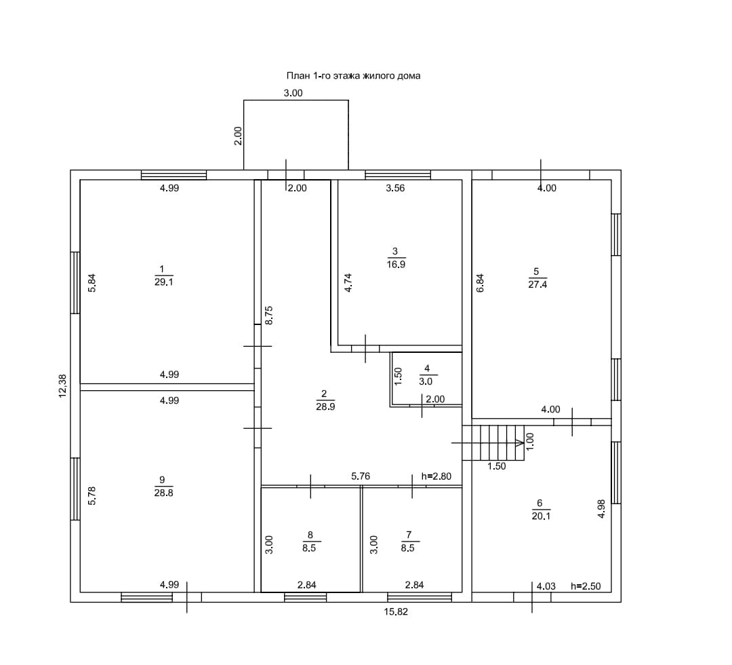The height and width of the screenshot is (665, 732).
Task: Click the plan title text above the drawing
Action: tap(354, 76)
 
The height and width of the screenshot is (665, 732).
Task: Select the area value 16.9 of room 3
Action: tap(395, 265)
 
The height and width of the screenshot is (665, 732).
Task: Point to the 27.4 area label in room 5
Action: tap(537, 285)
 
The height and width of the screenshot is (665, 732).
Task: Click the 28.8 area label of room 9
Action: tap(163, 493)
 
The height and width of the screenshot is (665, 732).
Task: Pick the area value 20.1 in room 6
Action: tap(540, 515)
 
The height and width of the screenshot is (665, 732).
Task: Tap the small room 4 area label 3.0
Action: tap(427, 381)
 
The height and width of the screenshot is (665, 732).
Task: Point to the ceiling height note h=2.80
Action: tap(436, 476)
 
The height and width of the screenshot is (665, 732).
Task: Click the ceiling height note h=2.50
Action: tap(586, 586)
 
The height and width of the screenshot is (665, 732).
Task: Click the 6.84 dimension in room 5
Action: tap(480, 283)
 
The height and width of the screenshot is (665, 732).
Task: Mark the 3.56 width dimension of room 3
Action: tap(395, 188)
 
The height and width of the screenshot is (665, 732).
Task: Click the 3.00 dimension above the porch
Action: tap(293, 93)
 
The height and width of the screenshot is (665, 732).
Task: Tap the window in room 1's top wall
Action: tap(174, 174)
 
